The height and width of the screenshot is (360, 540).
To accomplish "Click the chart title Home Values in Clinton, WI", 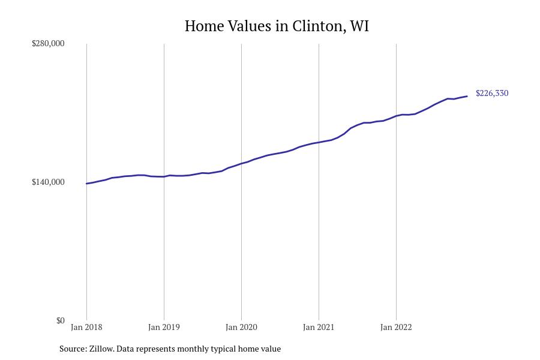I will pos(277,26).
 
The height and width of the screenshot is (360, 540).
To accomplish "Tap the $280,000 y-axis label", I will pos(48,43).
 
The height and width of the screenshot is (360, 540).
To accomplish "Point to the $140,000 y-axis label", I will pos(48,182).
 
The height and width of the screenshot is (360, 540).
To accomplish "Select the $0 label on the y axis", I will pos(60,320).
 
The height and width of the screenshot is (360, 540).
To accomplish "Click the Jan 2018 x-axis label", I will pos(86,327).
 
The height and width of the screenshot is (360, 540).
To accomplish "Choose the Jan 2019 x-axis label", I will pos(164,327).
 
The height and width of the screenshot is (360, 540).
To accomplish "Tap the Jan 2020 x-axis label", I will pos(241,327).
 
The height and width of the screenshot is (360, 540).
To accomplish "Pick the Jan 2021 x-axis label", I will pos(319,327).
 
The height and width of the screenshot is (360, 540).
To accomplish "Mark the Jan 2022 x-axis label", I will pos(396,327).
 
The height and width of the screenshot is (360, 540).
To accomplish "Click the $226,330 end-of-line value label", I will pos(492,93).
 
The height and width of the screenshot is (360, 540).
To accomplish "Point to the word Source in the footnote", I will pos(72,349).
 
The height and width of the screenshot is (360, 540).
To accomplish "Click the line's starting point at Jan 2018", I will pos(86,184).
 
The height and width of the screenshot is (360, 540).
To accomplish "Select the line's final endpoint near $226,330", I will pos(467,97).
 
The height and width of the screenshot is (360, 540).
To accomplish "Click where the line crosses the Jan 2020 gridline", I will pos(241,163).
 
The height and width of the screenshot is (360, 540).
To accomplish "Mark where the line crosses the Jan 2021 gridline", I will pos(319,142).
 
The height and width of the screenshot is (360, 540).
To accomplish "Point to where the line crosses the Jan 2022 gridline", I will pos(396,115).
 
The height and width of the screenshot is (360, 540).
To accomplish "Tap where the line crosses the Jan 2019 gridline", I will pos(164,176).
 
